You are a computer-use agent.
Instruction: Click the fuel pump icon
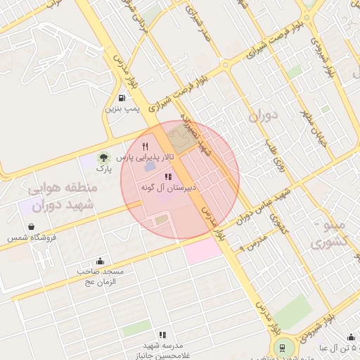(x=123, y=98)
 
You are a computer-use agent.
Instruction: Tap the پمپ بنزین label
(x=123, y=109)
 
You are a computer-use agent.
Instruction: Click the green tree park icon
(x=103, y=157)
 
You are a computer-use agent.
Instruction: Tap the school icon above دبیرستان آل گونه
(x=168, y=177)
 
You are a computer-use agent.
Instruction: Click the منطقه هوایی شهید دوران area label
(x=65, y=199)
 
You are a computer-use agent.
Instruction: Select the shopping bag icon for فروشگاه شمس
(x=32, y=226)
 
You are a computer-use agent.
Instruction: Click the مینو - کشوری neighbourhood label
(x=334, y=234)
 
